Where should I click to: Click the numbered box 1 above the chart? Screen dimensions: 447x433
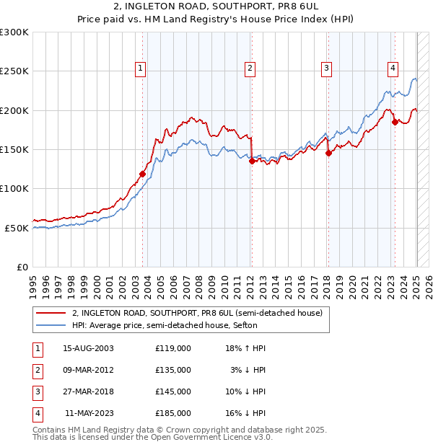(x=140, y=68)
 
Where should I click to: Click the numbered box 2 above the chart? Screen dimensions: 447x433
(x=250, y=68)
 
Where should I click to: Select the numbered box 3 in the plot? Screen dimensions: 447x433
(x=326, y=68)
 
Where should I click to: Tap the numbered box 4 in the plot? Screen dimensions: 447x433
(x=393, y=68)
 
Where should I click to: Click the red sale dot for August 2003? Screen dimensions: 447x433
(x=142, y=174)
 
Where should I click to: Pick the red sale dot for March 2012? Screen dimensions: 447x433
(x=252, y=161)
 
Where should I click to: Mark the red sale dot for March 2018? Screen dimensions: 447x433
(x=328, y=153)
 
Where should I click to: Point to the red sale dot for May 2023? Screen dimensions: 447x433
(x=395, y=122)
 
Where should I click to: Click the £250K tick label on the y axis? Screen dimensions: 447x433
(x=14, y=71)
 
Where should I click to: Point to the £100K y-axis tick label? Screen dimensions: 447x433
(x=14, y=188)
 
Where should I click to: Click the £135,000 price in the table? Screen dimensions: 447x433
(x=173, y=370)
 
